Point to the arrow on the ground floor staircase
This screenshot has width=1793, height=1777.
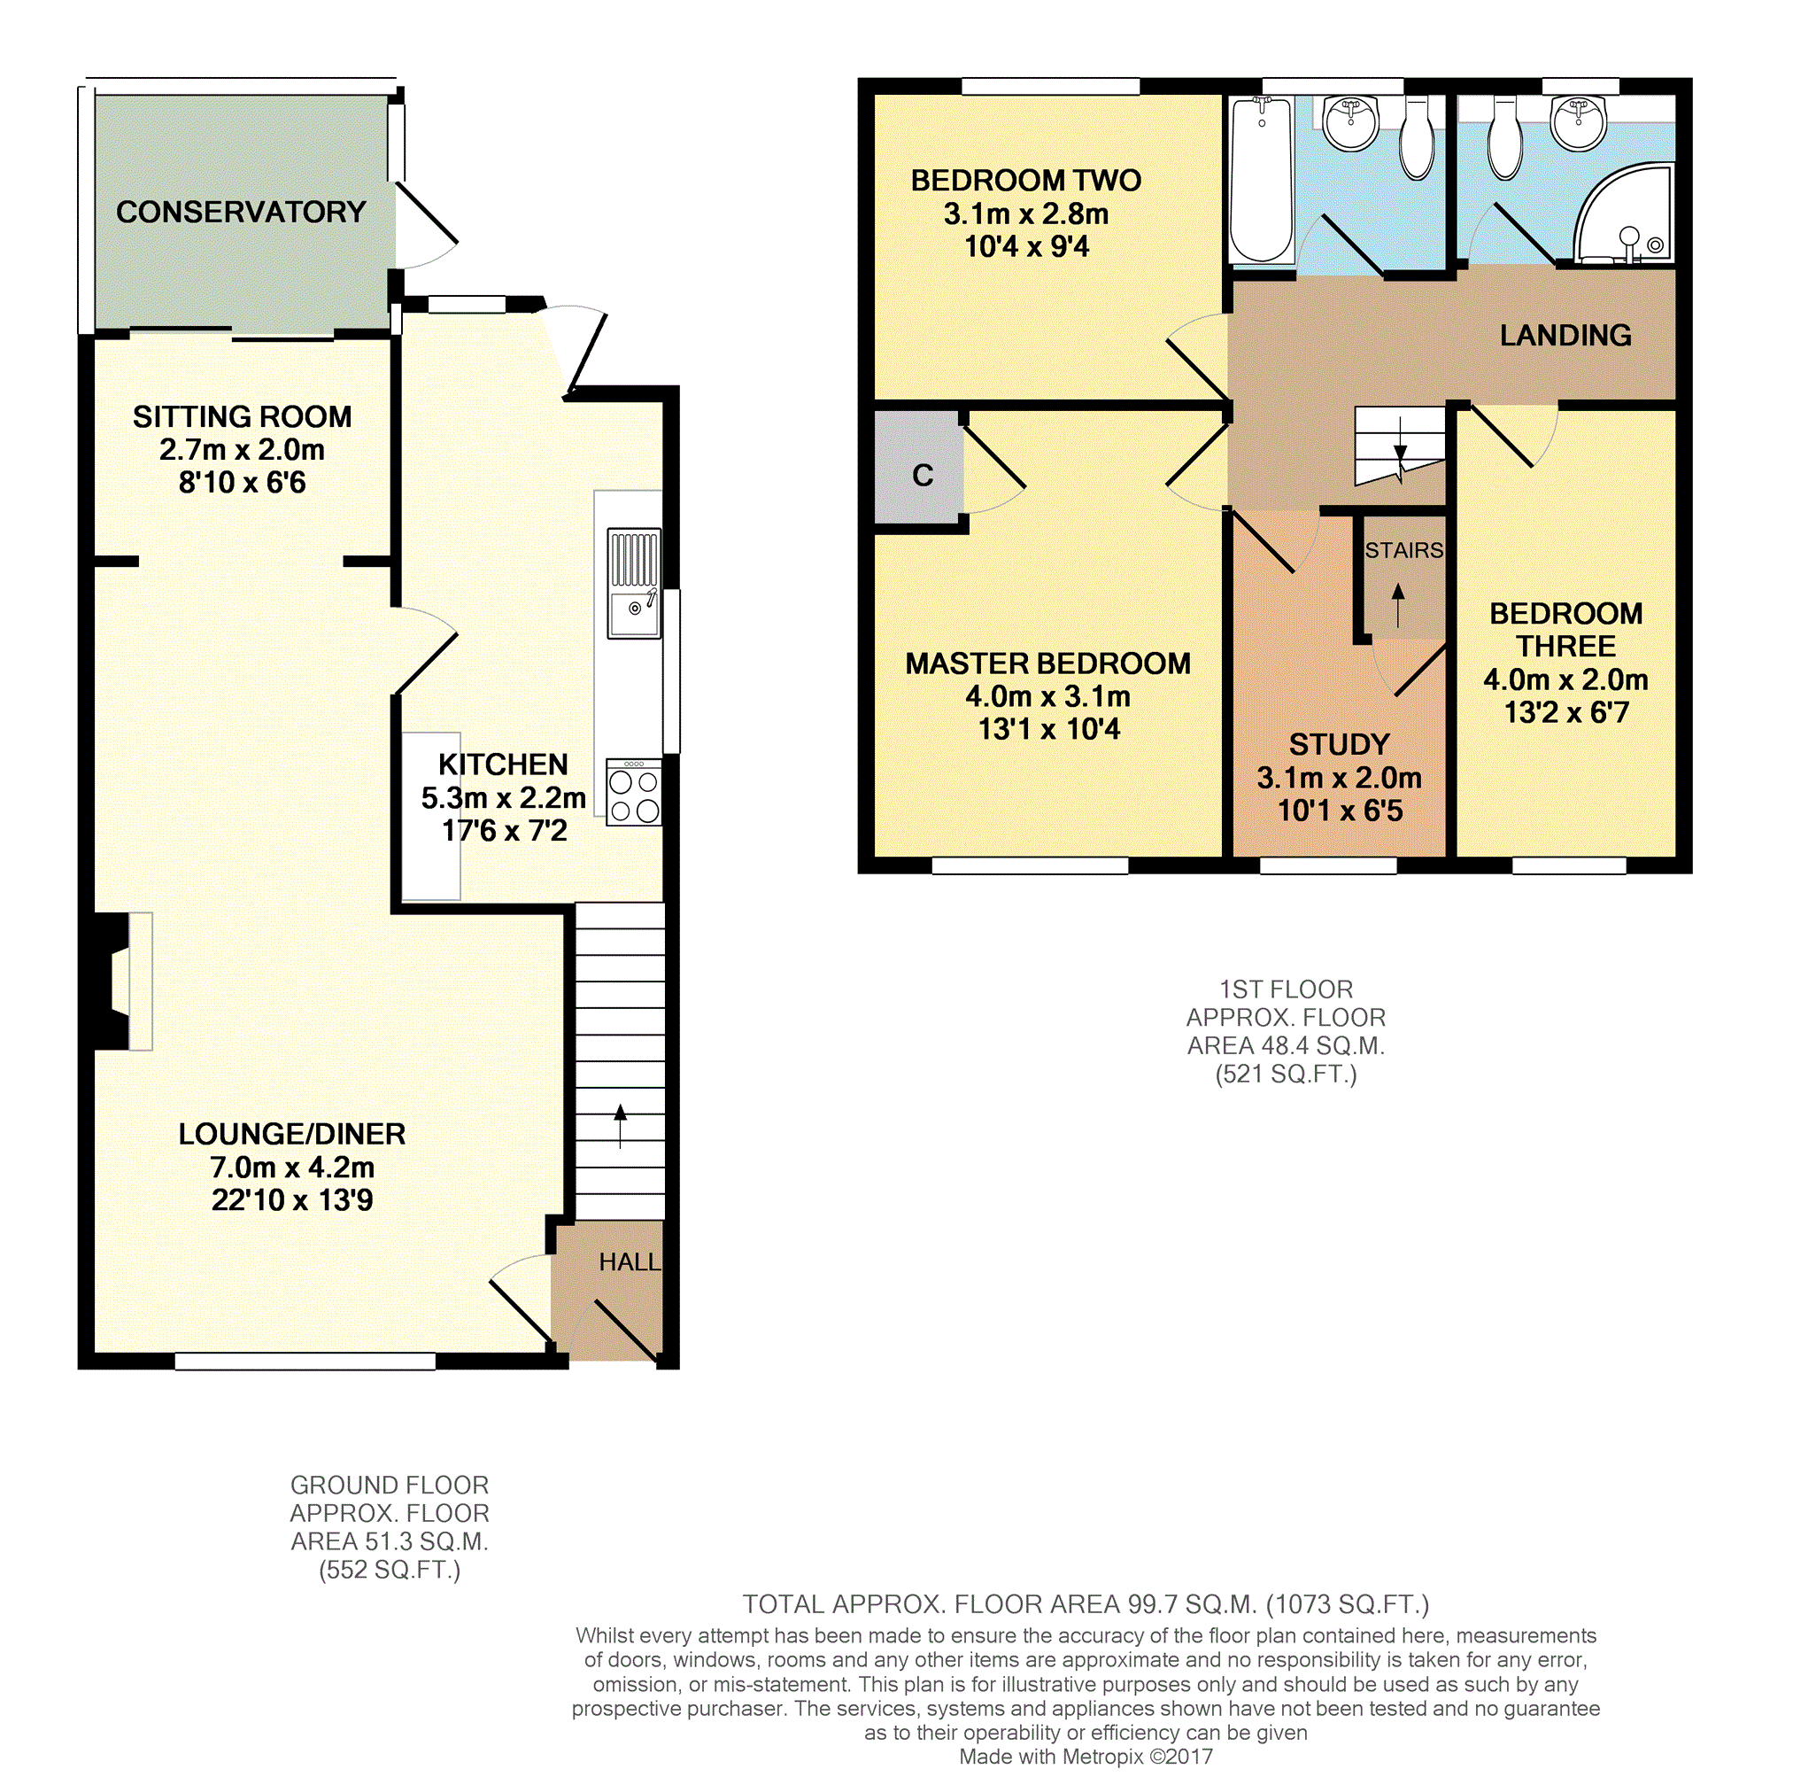click(620, 1124)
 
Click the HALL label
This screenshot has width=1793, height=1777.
click(630, 1261)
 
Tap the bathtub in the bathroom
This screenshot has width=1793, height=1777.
click(1260, 181)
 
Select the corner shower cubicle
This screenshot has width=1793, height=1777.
click(1627, 213)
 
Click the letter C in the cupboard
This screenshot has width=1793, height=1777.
click(922, 476)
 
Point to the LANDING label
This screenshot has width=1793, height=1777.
click(1565, 335)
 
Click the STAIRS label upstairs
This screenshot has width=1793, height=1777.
click(1403, 551)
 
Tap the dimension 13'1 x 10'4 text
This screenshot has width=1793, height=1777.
click(1048, 730)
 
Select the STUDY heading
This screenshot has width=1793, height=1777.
click(1338, 745)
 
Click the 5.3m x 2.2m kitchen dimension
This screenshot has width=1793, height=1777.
click(503, 797)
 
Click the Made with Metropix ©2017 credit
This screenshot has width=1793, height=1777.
click(1085, 1757)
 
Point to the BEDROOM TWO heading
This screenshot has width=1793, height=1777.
click(1025, 180)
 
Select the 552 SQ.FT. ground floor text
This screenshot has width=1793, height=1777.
click(390, 1570)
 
